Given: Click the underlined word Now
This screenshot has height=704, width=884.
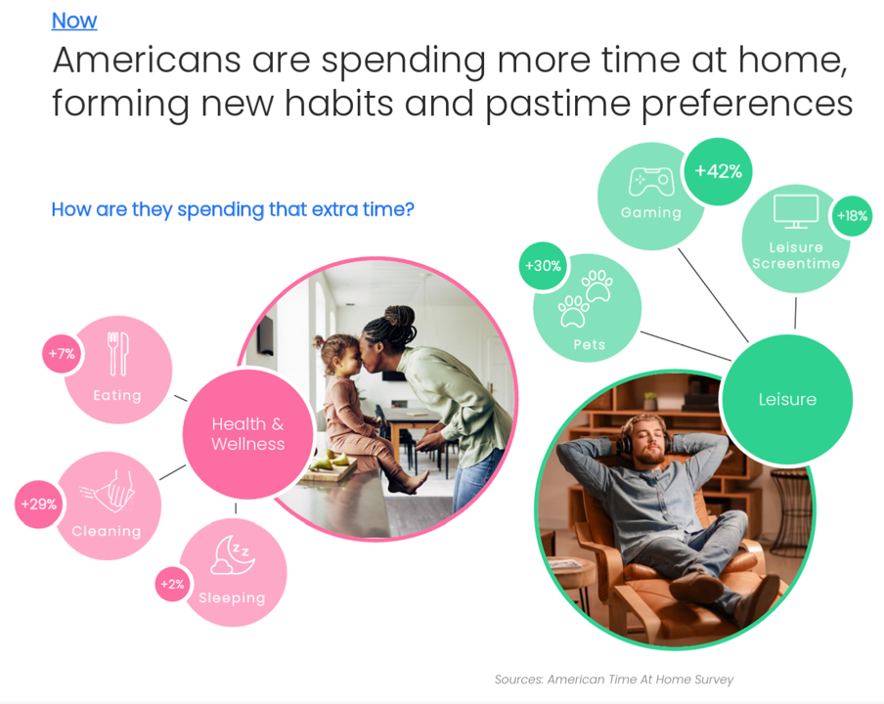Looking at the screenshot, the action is pyautogui.click(x=74, y=21).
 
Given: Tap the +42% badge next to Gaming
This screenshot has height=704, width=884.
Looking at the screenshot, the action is pyautogui.click(x=718, y=171).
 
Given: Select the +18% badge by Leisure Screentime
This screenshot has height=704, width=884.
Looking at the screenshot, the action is pyautogui.click(x=852, y=215).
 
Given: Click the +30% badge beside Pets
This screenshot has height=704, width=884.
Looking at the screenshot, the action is pyautogui.click(x=543, y=266).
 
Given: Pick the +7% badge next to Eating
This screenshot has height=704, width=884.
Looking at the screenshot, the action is pyautogui.click(x=62, y=353).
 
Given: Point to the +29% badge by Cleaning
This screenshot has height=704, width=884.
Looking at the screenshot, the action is pyautogui.click(x=39, y=504).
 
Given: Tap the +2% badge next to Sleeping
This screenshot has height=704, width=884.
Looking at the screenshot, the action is pyautogui.click(x=172, y=584).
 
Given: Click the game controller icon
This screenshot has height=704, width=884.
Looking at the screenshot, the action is pyautogui.click(x=651, y=182).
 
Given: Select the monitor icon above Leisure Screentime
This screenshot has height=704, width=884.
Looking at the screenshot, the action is pyautogui.click(x=796, y=211).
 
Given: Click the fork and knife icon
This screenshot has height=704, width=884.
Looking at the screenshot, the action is pyautogui.click(x=118, y=354).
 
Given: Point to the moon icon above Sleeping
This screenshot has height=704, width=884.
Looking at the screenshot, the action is pyautogui.click(x=233, y=554).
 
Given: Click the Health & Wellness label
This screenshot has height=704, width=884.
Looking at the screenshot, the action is pyautogui.click(x=248, y=434).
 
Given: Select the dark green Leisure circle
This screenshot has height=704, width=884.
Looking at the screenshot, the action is pyautogui.click(x=787, y=400).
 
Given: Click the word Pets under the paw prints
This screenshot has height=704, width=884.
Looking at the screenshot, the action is pyautogui.click(x=589, y=344).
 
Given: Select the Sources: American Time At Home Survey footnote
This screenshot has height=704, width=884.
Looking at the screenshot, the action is pyautogui.click(x=614, y=680).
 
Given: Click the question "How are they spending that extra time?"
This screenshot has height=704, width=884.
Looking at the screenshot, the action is pyautogui.click(x=233, y=209).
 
